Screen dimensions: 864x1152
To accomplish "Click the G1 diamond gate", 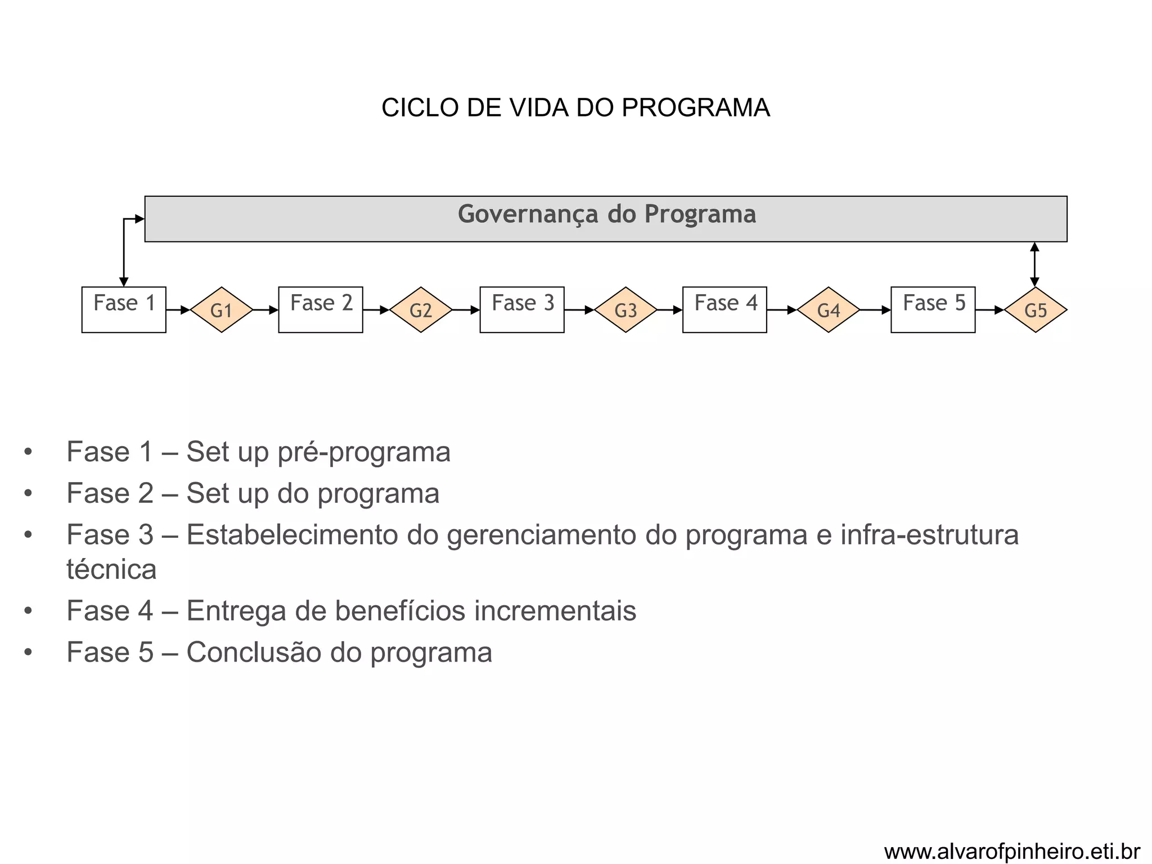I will [222, 310].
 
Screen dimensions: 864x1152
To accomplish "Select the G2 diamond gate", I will [421, 310].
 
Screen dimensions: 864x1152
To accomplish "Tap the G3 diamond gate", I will [625, 310].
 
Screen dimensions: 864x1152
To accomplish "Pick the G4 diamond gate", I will [829, 310].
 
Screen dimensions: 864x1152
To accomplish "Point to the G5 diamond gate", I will [1036, 310].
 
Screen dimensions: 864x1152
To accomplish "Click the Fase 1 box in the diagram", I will [124, 310].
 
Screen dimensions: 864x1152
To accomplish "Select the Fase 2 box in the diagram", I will [321, 310].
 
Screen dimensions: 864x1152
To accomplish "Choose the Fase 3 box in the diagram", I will [522, 310].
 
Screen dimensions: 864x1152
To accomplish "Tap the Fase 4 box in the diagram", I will [724, 310].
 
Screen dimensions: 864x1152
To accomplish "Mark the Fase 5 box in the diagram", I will [933, 310].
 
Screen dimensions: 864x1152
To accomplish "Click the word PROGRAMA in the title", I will [695, 107].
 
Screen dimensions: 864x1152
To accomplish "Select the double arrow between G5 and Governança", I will [1034, 264].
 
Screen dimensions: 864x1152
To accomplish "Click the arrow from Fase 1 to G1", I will [178, 310].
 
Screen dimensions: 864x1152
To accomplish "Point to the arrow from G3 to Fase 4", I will [670, 310].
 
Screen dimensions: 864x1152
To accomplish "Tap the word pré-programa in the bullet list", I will [364, 452].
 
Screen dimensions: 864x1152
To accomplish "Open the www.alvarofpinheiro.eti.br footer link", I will [1012, 852].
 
